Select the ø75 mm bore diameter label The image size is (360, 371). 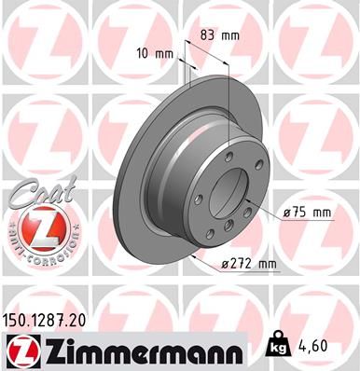tap(308, 213)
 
